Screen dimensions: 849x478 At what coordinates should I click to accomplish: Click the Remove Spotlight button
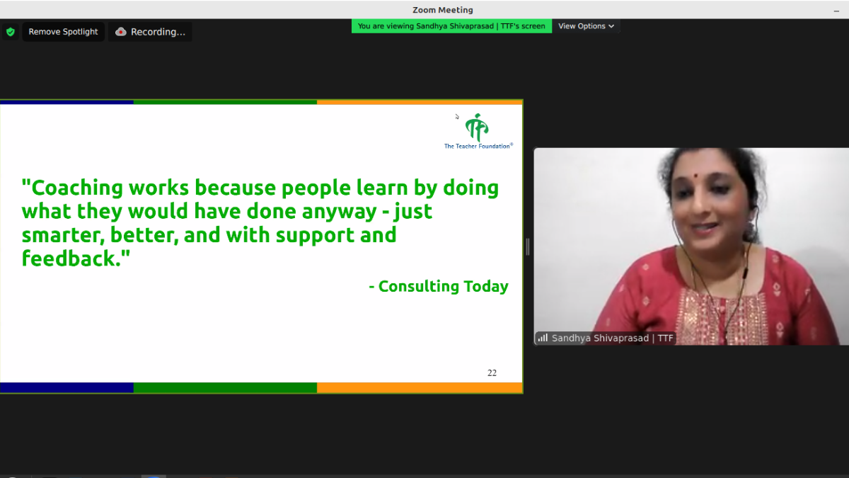pos(63,32)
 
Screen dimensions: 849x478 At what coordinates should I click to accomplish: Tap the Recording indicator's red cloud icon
pos(120,32)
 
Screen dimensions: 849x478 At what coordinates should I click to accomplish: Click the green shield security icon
pos(11,32)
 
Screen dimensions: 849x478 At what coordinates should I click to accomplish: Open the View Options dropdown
pos(586,26)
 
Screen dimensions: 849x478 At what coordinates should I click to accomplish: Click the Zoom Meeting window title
pos(443,10)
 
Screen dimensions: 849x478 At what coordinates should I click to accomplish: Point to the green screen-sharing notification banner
pos(451,26)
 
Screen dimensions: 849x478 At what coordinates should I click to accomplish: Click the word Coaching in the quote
pos(76,188)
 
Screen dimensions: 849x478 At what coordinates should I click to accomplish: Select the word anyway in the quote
pos(339,212)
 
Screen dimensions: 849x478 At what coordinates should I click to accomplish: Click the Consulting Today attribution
pos(439,286)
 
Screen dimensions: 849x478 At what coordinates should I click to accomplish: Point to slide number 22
pos(492,373)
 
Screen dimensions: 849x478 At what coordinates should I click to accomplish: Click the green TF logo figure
pos(477,127)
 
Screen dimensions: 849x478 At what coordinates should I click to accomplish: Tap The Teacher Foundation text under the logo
pos(478,146)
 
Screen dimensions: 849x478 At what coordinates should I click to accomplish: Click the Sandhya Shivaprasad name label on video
pos(612,338)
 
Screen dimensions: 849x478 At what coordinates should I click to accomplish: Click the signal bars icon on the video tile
pos(543,338)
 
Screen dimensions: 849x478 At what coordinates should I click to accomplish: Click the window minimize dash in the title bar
pos(836,11)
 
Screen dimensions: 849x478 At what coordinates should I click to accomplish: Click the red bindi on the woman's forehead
pos(696,176)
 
